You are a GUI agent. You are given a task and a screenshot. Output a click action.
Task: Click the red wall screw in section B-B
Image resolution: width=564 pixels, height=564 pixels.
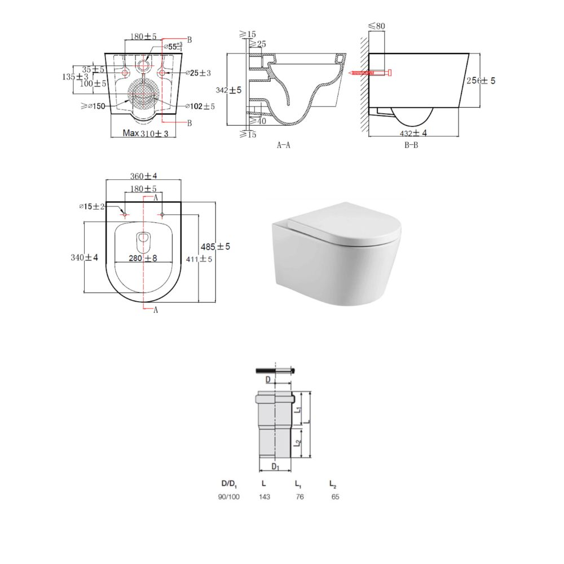(x=370, y=73)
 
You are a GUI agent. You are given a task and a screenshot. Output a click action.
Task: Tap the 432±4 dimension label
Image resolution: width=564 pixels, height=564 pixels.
(x=413, y=133)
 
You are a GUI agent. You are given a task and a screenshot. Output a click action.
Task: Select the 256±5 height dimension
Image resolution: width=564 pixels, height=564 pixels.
(x=481, y=81)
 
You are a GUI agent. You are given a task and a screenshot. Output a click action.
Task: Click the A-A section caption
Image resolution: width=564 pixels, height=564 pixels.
(x=284, y=145)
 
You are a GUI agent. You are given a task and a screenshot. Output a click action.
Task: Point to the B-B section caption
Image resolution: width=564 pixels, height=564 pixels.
(x=411, y=145)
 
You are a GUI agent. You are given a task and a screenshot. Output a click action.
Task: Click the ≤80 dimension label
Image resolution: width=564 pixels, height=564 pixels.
(x=377, y=26)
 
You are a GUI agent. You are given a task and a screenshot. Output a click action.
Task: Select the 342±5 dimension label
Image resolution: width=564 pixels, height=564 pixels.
(x=228, y=90)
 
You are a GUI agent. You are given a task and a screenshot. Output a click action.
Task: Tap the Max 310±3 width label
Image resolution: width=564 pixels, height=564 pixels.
(x=146, y=134)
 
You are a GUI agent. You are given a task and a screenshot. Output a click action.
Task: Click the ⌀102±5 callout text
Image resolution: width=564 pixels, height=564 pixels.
(x=200, y=106)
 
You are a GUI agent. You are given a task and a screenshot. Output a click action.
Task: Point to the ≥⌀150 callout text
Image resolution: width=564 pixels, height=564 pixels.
(x=93, y=106)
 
